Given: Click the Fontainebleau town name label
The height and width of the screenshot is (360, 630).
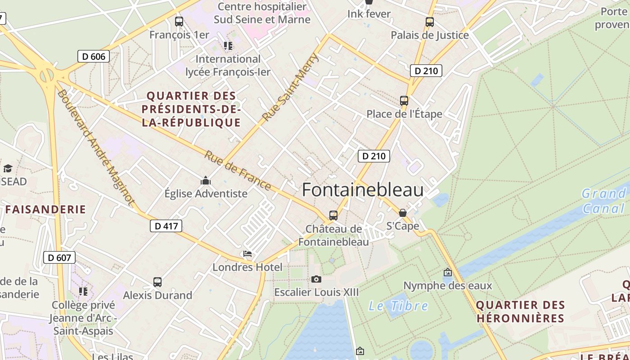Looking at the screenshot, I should tap(363, 190).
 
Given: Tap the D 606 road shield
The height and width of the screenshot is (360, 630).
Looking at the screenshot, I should tap(94, 56).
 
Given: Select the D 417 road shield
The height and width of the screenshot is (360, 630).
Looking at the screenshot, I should tap(166, 226).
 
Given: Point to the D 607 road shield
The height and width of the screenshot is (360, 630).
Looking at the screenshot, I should tap(59, 258).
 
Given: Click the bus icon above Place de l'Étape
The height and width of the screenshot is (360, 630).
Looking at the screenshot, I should tap(404, 101).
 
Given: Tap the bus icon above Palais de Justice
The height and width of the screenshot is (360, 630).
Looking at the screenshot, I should tap(430, 22).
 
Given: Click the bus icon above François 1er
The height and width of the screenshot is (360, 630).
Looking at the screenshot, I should tap(179, 21).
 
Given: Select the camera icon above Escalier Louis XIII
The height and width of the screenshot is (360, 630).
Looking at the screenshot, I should tap(316, 279).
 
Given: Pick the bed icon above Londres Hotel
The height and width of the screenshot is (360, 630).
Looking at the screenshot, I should tap(247, 254).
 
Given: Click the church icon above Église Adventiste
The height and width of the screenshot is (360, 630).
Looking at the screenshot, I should tap(206, 180).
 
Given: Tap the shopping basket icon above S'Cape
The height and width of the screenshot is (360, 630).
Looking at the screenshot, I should tap(403, 213).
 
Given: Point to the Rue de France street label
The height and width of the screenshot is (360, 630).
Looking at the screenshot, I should tap(238, 171).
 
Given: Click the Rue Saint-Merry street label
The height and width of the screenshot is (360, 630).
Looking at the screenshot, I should tap(290, 87).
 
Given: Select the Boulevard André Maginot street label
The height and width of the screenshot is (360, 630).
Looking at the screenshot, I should tap(96, 148).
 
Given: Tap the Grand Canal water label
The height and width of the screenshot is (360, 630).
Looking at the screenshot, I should tap(603, 201).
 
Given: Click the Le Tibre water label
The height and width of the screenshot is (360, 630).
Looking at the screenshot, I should tap(398, 306).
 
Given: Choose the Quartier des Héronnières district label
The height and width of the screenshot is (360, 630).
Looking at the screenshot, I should tap(520, 311).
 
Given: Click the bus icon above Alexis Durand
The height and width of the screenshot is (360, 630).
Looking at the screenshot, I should tap(157, 282).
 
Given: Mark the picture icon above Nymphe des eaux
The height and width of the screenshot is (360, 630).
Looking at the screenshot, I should tap(447, 272).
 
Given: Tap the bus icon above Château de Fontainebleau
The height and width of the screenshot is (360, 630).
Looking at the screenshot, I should tap(333, 216).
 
